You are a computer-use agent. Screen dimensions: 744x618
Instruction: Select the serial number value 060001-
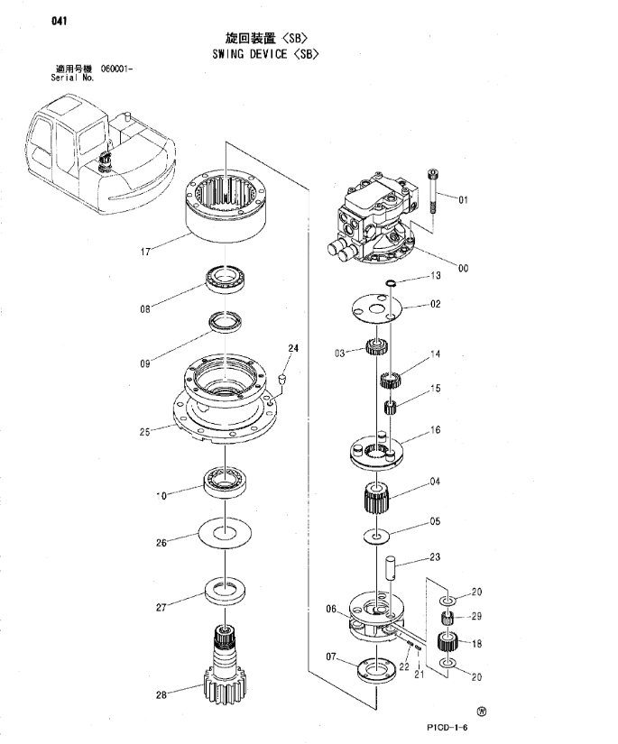point(117,69)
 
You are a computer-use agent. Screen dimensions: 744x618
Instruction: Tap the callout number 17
point(145,252)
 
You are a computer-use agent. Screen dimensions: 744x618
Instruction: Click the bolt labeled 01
point(435,192)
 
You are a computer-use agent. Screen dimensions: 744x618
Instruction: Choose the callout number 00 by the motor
point(463,267)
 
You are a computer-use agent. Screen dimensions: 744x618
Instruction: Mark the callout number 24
point(291,348)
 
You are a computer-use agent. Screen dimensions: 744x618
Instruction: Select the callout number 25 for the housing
point(145,431)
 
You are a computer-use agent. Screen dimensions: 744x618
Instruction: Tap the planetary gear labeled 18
point(445,643)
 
